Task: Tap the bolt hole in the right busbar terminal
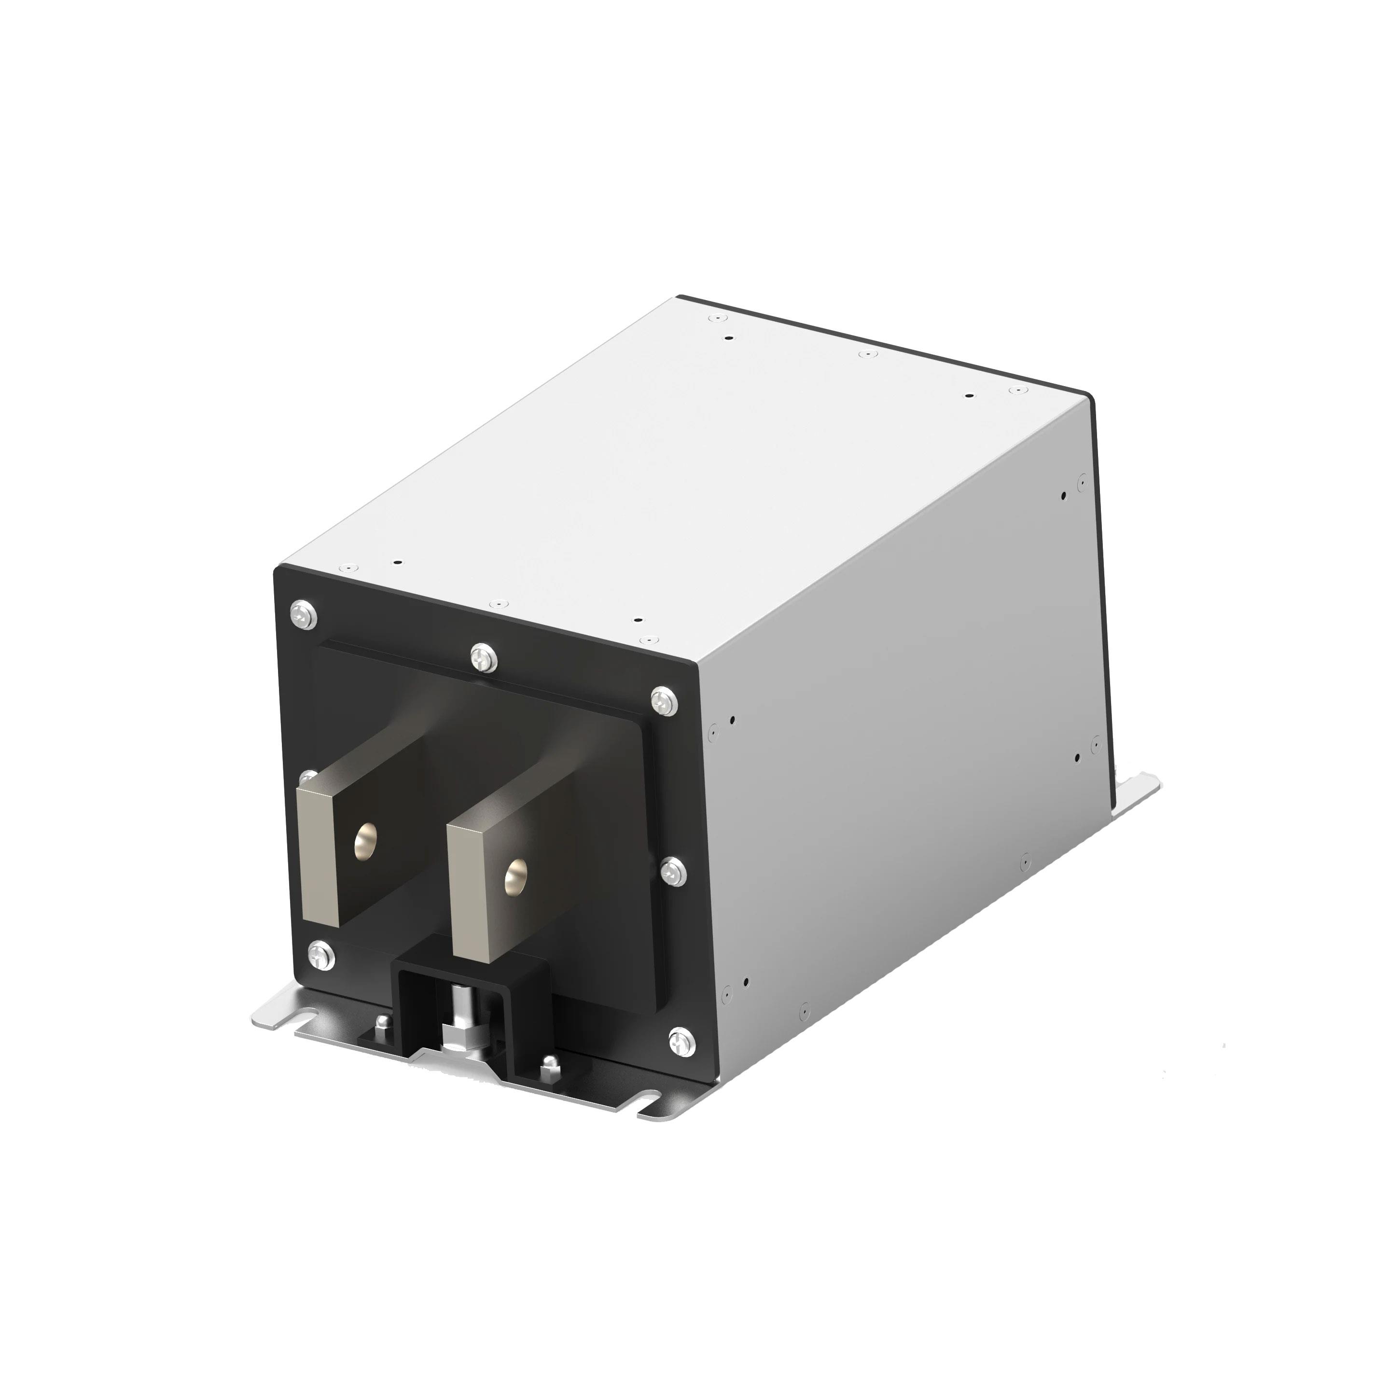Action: [515, 877]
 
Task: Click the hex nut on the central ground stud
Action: [456, 1034]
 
